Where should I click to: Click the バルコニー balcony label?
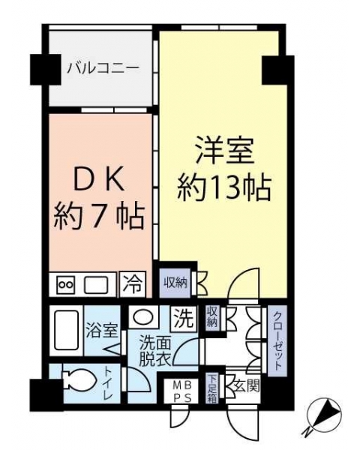coord(103,69)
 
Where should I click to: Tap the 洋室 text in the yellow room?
coord(224,151)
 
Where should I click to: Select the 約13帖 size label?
coord(224,188)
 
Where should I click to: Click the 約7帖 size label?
coord(98,217)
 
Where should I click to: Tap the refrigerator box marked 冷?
coord(133,284)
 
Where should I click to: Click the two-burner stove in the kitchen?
coord(67,285)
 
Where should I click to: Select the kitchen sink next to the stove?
coord(96,285)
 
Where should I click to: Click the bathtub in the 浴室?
coord(66,331)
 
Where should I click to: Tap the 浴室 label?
coord(102,331)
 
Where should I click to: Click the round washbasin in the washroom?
coord(143,317)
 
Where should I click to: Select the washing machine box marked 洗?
coord(184,318)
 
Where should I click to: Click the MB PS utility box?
coord(181,391)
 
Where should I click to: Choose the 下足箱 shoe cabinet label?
coord(212,389)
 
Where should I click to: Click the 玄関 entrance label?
coord(247,386)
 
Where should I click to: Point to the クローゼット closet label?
coord(277,340)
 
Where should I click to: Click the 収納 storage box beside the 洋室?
coord(175,283)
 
